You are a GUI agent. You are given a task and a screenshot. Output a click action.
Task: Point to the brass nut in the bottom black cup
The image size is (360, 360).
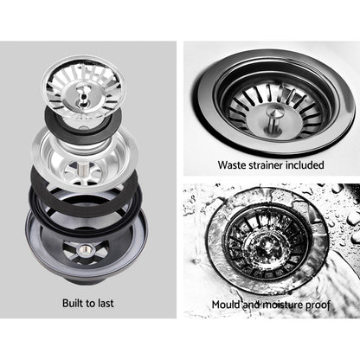(87, 249)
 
